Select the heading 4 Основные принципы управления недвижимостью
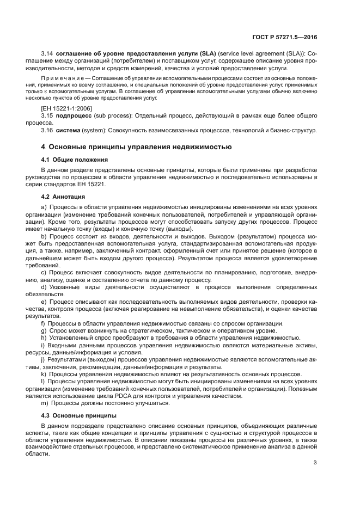click(137, 146)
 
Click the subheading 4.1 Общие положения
click(74, 160)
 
